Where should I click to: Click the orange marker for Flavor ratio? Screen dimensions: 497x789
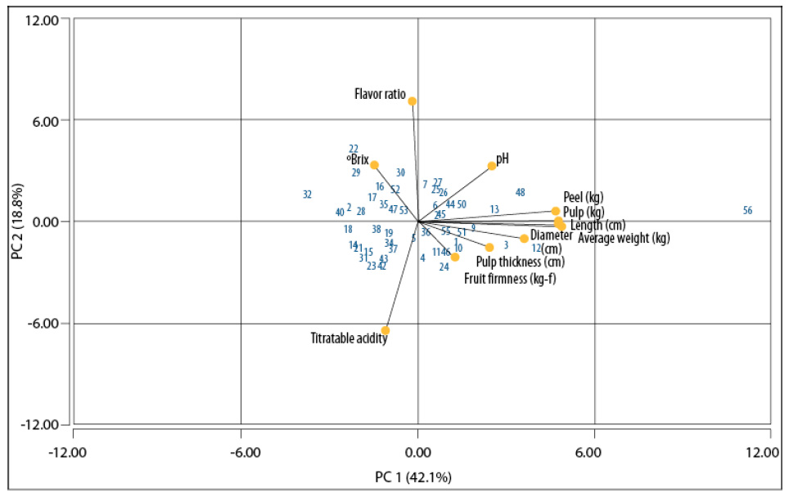(x=413, y=101)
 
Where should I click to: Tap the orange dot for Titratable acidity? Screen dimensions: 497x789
(x=385, y=331)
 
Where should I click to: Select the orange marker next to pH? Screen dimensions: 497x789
(x=492, y=166)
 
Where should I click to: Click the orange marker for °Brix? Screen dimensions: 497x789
(x=374, y=165)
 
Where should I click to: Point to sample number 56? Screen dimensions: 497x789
(x=747, y=211)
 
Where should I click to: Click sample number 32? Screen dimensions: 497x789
(x=307, y=195)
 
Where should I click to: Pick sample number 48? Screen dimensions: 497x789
(x=520, y=193)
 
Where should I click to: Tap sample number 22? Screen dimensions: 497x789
(x=354, y=149)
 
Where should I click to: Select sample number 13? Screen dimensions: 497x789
(x=494, y=210)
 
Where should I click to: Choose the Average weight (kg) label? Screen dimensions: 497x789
(x=624, y=239)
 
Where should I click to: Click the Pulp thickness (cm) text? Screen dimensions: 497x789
(x=520, y=262)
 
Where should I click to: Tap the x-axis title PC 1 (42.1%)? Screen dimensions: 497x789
(x=418, y=477)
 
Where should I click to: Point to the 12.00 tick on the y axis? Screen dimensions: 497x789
(x=42, y=20)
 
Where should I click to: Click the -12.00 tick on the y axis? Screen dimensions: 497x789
(x=39, y=425)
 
